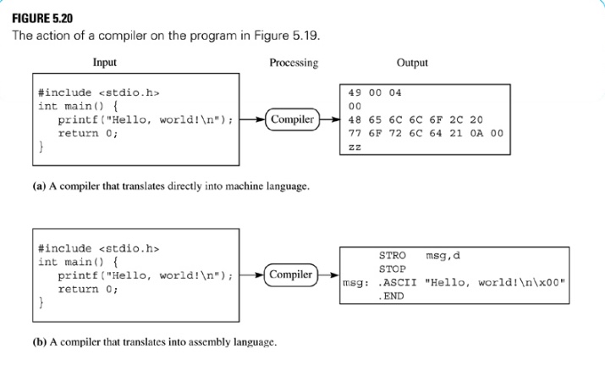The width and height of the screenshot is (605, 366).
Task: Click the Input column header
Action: click(x=105, y=63)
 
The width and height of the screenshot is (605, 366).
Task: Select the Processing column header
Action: click(x=294, y=63)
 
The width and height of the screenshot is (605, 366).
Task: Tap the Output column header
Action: click(x=412, y=63)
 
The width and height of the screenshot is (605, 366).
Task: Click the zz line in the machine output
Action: click(x=355, y=147)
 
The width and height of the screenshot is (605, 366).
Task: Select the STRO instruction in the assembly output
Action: click(x=393, y=255)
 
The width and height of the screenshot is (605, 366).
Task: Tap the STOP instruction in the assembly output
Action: click(x=393, y=269)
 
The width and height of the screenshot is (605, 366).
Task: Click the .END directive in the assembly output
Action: click(x=392, y=297)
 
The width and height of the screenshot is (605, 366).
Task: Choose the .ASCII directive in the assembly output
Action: click(x=395, y=283)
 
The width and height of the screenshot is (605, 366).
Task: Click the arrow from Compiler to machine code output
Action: click(x=331, y=119)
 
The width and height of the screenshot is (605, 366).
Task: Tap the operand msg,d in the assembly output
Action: click(x=443, y=255)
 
